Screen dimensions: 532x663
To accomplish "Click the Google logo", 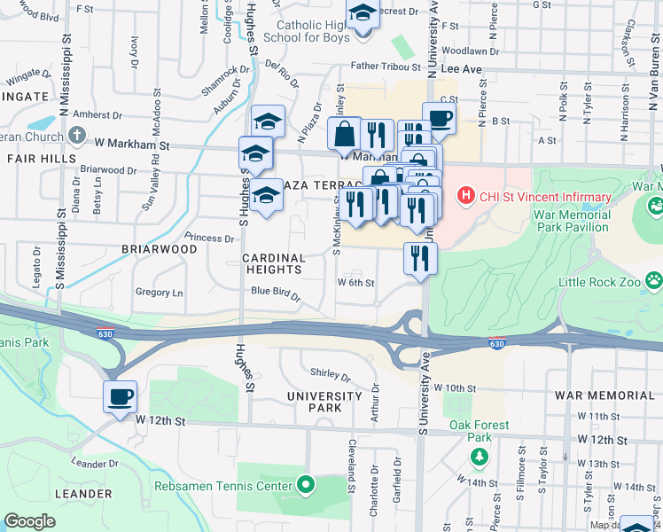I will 29,521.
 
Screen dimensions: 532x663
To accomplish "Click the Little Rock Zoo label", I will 610,282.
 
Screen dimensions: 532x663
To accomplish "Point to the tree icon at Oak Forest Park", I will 480,456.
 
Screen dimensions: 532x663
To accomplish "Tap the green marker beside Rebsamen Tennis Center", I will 306,485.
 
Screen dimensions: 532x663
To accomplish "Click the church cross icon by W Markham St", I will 77,136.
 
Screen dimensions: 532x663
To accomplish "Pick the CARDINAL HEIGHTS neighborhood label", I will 274,263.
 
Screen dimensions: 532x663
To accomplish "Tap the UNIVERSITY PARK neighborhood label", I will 323,402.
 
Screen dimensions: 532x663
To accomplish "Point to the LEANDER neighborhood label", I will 82,494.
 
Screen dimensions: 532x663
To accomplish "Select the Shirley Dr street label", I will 331,372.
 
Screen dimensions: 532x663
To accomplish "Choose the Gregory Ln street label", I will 159,293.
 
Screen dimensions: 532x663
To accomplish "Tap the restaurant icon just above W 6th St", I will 420,258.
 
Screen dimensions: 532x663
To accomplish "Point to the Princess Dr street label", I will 208,238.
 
